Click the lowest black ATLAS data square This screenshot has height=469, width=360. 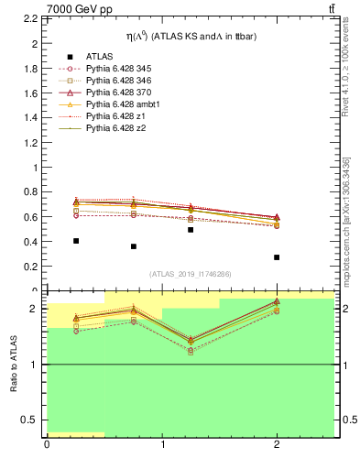click(277, 257)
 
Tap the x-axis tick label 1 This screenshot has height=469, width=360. click(162, 445)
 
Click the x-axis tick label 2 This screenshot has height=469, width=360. click(277, 445)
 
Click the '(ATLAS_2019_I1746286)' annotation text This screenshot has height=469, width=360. click(191, 274)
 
